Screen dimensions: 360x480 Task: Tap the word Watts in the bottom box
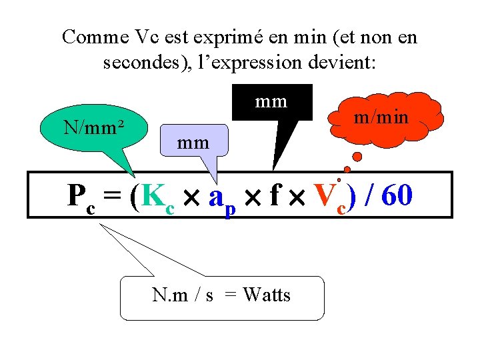[x=267, y=295]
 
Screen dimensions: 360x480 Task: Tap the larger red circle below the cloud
[x=357, y=157]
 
